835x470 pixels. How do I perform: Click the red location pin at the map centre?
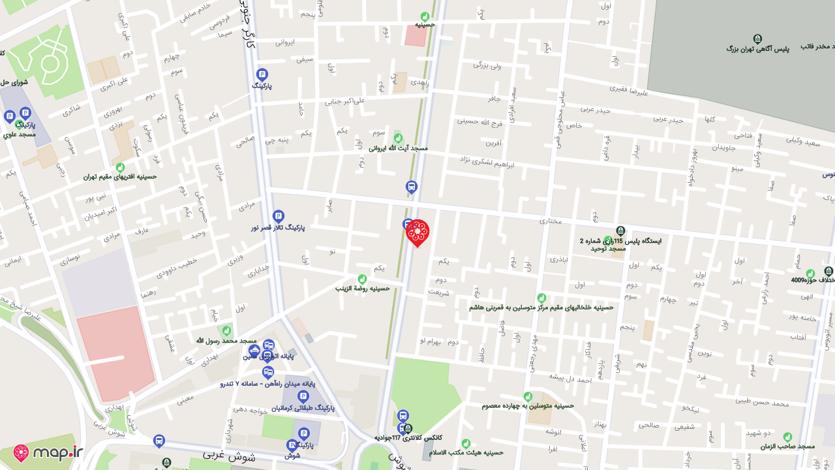(x=417, y=232)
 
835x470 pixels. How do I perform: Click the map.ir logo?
(x=48, y=453)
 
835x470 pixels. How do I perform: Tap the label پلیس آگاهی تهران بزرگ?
(x=757, y=49)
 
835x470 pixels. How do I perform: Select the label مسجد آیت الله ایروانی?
(x=398, y=148)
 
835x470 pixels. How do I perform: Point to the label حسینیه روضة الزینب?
(x=362, y=288)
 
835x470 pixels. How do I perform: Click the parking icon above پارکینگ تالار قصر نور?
(x=279, y=216)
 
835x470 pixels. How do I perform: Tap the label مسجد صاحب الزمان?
(x=787, y=446)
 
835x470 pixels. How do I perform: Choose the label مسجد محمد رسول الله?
(x=226, y=341)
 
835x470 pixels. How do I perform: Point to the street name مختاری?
(x=550, y=221)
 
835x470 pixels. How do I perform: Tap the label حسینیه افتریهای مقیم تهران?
(x=120, y=176)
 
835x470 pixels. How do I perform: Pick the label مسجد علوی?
(x=19, y=134)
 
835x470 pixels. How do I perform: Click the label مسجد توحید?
(x=608, y=248)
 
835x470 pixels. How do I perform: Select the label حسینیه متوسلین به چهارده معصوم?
(x=528, y=405)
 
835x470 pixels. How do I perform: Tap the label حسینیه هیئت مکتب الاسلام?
(x=466, y=452)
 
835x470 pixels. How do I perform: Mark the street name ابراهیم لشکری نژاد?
(x=487, y=161)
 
